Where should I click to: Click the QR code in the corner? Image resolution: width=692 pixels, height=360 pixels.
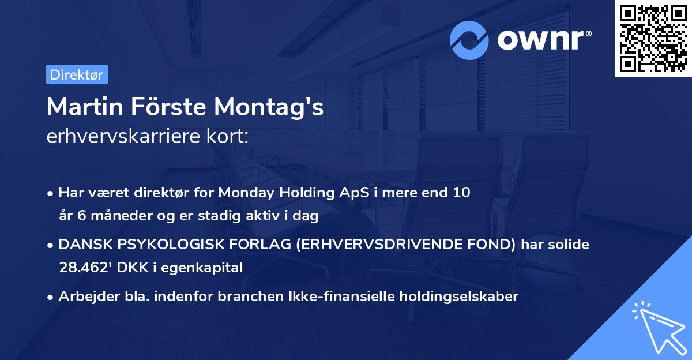tap(653, 39)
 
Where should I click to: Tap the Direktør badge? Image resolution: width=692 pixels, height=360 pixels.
tap(77, 74)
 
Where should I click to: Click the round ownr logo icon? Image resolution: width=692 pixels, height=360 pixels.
tap(469, 40)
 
